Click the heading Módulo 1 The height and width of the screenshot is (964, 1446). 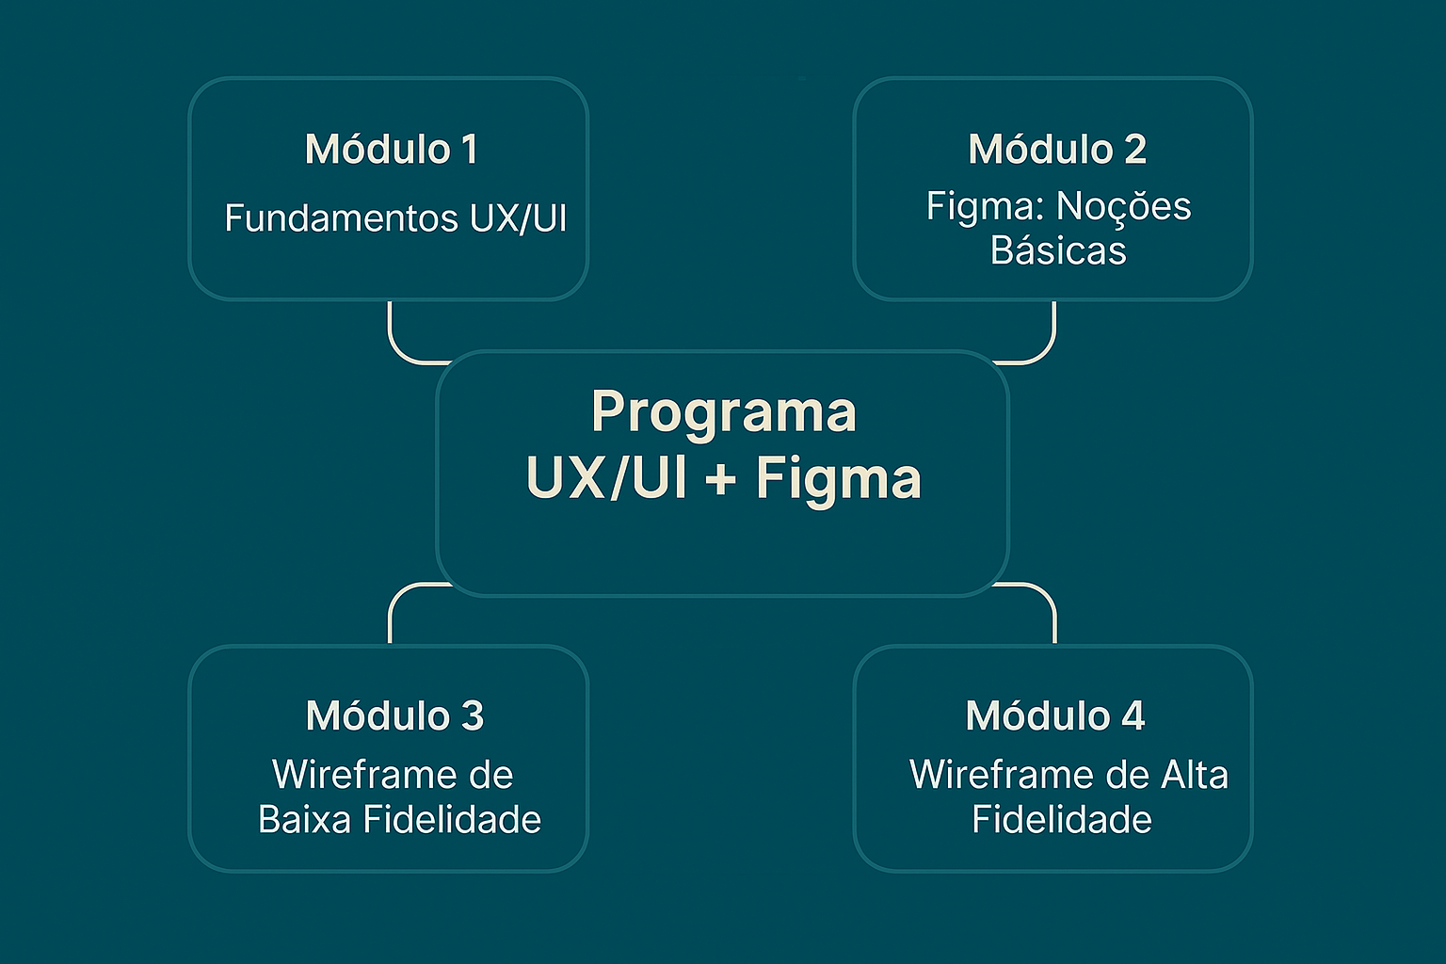[x=391, y=150]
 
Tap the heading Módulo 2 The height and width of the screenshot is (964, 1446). [x=1057, y=150]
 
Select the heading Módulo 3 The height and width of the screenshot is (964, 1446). [x=394, y=716]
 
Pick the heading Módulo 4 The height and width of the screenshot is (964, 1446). [x=1054, y=716]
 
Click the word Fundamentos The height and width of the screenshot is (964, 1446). [x=342, y=218]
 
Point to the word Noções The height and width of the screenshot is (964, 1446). [x=1123, y=206]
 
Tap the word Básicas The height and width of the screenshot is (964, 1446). [x=1058, y=250]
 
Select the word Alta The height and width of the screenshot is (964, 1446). [x=1195, y=776]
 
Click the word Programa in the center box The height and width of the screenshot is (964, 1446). [x=723, y=412]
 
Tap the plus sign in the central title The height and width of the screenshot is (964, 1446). [x=720, y=478]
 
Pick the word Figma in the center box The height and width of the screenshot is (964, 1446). [x=838, y=478]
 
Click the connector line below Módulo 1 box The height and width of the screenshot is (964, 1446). [x=391, y=335]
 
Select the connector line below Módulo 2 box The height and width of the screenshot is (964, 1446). [x=1053, y=335]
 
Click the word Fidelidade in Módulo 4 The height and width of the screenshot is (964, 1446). [x=1061, y=820]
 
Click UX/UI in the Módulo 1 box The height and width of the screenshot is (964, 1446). [x=518, y=218]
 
